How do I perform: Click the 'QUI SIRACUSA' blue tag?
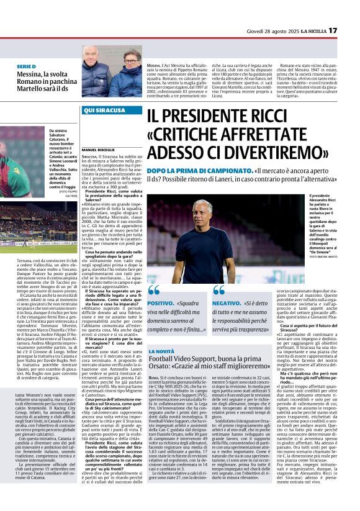(x=100, y=109)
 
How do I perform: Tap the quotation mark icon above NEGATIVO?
(x=219, y=290)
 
